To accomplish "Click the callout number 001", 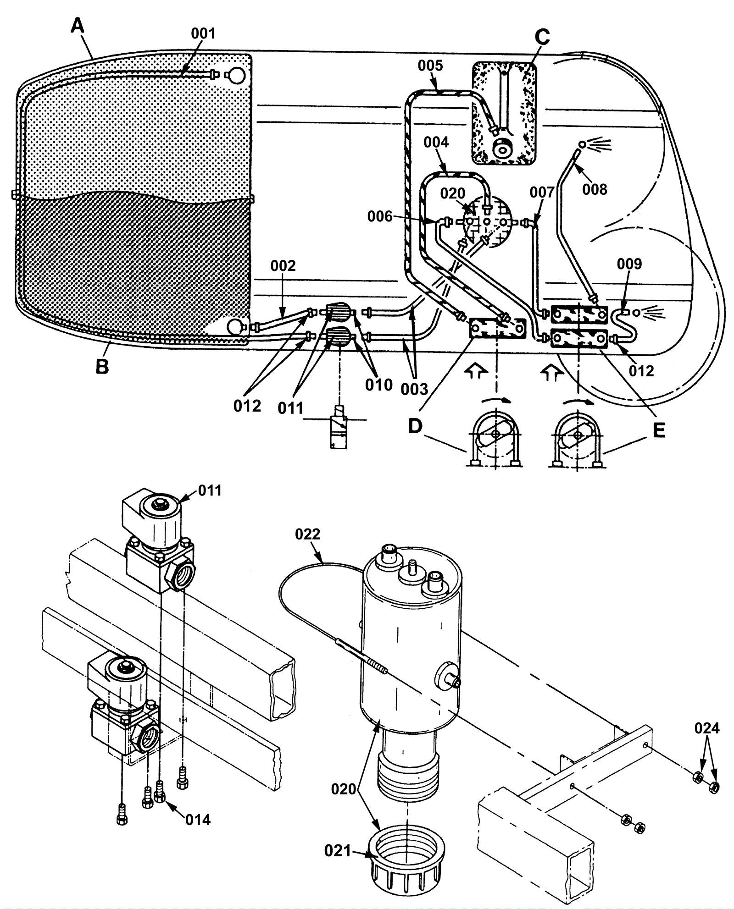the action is coord(203,33).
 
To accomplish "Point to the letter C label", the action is coord(542,37).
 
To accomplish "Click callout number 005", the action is coord(430,66).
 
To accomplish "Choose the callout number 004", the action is coord(436,142).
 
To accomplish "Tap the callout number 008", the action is coord(595,189).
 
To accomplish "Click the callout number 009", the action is coord(629,264).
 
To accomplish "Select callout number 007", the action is coord(542,192).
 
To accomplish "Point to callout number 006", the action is coord(380,216).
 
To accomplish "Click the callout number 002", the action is coord(283,266).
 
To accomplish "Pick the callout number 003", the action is coord(414,390).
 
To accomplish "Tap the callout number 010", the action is coord(379,385).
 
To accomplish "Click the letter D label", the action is coord(415,427).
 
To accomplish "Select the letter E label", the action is coord(659,430).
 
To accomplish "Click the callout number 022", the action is coord(308,534).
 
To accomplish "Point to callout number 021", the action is coord(337,851).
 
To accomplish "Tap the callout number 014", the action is coord(198,820).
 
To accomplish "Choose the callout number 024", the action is coord(707,728).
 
